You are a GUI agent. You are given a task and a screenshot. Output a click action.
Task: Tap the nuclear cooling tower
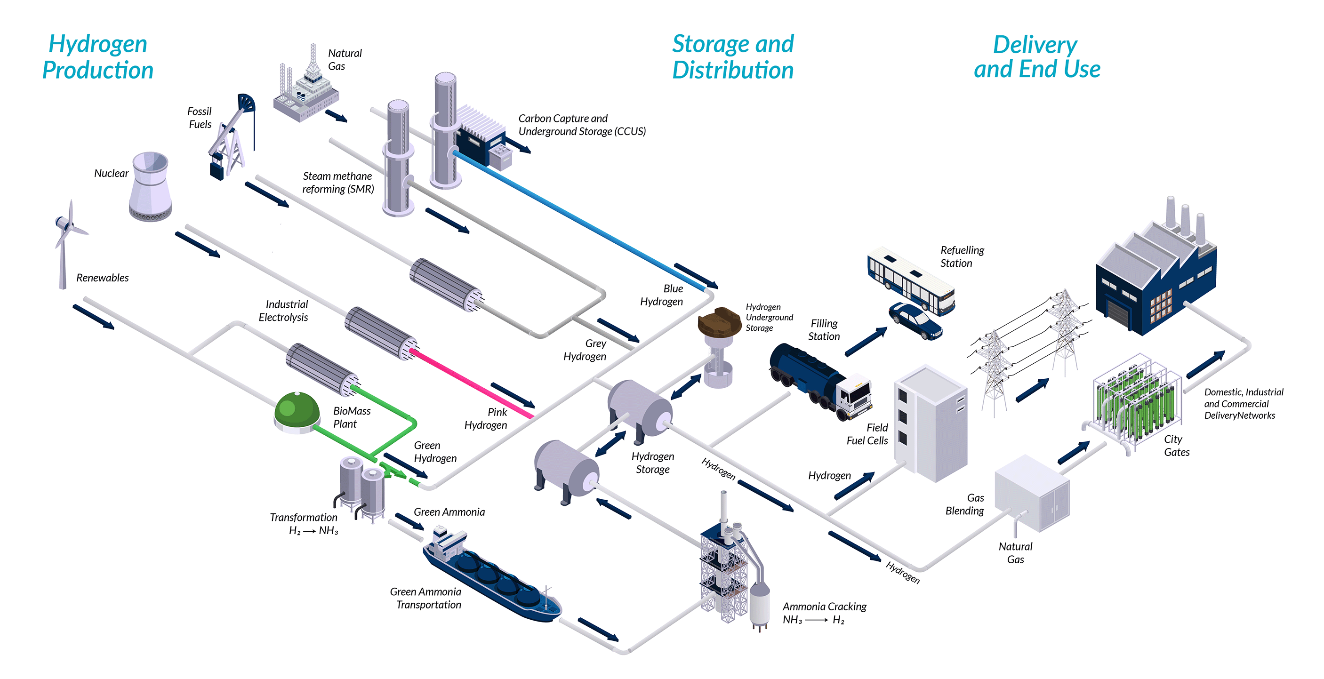pos(150,188)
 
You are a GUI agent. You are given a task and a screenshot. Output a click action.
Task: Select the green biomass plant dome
pos(297,411)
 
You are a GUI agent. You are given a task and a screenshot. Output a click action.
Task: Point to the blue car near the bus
pos(915,321)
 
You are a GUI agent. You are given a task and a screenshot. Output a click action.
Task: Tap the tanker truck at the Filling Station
pos(820,380)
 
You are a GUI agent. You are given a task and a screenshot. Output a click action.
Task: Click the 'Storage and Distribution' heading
pos(733,56)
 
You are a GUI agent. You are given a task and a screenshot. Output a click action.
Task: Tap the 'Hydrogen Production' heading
pos(97,56)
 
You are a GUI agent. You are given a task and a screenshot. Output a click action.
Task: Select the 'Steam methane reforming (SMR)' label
pos(337,183)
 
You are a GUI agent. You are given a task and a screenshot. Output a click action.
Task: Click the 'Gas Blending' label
pos(965,504)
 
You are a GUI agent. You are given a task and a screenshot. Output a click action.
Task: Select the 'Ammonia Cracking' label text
pos(824,607)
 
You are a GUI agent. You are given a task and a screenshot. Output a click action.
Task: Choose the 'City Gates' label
pos(1176,446)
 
